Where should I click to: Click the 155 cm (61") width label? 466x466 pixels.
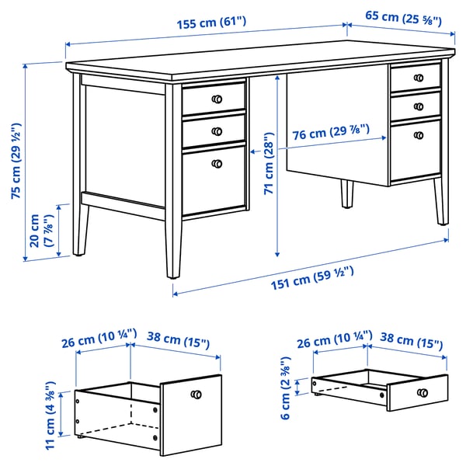(211, 23)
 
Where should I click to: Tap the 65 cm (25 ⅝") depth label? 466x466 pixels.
(403, 18)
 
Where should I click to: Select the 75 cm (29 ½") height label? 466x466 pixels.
(16, 161)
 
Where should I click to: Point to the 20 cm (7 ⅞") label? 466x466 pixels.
(42, 231)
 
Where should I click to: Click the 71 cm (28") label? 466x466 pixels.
(269, 163)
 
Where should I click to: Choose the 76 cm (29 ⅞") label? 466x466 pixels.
(331, 132)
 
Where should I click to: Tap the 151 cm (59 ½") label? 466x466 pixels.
(312, 278)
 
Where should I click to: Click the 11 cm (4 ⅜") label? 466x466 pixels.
(50, 416)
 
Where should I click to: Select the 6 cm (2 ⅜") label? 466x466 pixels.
(286, 388)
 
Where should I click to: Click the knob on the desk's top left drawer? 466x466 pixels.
(217, 99)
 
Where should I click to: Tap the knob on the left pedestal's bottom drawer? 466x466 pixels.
(217, 164)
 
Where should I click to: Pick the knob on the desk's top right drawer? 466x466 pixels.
(419, 78)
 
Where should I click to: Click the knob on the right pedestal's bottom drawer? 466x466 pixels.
(419, 135)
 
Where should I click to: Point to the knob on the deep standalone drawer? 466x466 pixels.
(196, 395)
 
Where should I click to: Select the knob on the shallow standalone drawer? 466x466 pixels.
(423, 392)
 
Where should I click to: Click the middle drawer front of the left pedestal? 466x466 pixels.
(214, 131)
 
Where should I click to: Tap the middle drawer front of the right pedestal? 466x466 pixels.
(416, 106)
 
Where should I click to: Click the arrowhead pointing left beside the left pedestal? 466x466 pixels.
(252, 152)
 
